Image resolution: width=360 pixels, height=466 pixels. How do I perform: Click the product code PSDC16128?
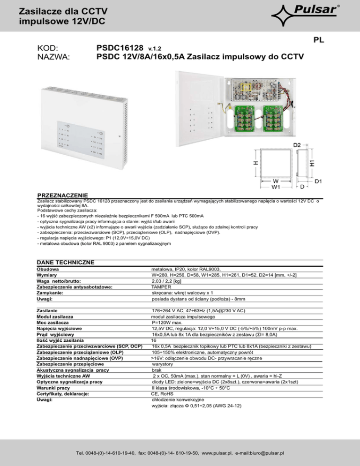[x=120, y=48]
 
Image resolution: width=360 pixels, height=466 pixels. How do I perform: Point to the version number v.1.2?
[x=155, y=49]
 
